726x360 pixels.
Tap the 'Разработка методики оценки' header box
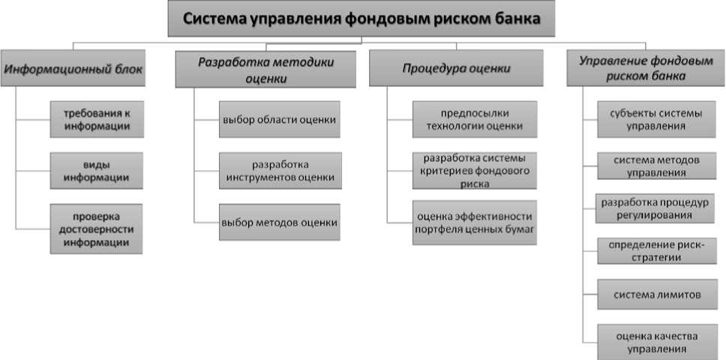pyautogui.click(x=266, y=70)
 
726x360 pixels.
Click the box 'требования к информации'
pyautogui.click(x=96, y=119)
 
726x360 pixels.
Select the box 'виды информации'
pyautogui.click(x=96, y=171)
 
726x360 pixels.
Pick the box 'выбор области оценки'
pyautogui.click(x=279, y=119)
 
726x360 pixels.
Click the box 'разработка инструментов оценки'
pyautogui.click(x=280, y=171)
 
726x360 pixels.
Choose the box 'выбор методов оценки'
pyautogui.click(x=279, y=222)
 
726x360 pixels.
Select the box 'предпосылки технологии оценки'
pyautogui.click(x=474, y=119)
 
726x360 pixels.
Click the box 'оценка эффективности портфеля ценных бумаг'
pyautogui.click(x=474, y=222)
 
